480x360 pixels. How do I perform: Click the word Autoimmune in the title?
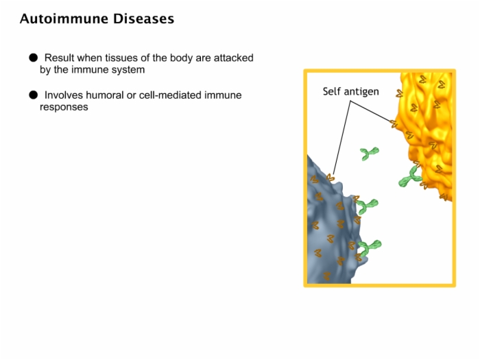click(x=64, y=19)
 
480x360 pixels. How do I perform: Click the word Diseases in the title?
click(x=143, y=19)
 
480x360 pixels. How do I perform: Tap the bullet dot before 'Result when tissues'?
click(x=34, y=58)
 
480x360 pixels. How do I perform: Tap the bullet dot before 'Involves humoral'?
click(x=34, y=95)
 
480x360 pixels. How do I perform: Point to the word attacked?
click(x=234, y=58)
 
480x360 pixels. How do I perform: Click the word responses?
click(x=64, y=108)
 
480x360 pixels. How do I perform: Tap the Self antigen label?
click(x=351, y=91)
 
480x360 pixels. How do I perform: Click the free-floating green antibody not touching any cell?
click(x=369, y=153)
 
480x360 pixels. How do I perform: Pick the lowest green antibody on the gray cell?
click(x=370, y=247)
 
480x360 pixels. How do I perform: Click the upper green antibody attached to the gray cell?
click(x=368, y=206)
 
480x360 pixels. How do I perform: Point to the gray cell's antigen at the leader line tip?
click(x=331, y=178)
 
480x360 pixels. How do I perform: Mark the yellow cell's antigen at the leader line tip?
click(x=394, y=124)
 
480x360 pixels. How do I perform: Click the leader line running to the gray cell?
click(x=342, y=137)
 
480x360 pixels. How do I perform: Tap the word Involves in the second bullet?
click(x=64, y=95)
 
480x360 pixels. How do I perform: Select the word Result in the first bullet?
click(x=60, y=58)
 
